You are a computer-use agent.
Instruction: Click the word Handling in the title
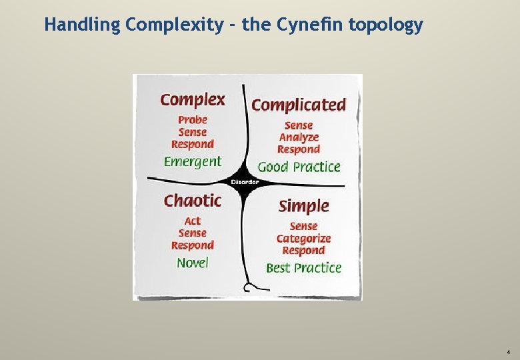pos(83,25)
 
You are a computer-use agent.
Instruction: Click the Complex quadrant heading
pos(193,100)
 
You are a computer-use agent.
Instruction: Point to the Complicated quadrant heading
pos(299,105)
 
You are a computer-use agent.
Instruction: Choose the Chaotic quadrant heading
pos(193,200)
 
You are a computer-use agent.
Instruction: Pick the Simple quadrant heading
pos(303,206)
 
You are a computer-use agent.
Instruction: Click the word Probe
pos(193,120)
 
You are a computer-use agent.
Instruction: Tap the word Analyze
pos(299,137)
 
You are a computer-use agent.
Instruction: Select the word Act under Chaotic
pos(193,221)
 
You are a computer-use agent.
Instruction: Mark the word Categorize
pos(303,239)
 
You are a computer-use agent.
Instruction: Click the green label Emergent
pos(193,161)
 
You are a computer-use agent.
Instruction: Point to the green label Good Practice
pos(299,167)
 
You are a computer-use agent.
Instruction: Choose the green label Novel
pos(193,263)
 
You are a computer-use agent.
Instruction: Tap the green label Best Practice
pos(303,268)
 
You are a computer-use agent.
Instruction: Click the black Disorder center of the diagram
pos(245,182)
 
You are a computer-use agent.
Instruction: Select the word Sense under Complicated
pos(299,125)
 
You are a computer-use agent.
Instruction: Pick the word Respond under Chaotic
pos(193,245)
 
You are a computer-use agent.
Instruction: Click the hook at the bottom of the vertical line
pos(249,287)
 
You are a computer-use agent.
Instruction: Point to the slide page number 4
pos(508,351)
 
